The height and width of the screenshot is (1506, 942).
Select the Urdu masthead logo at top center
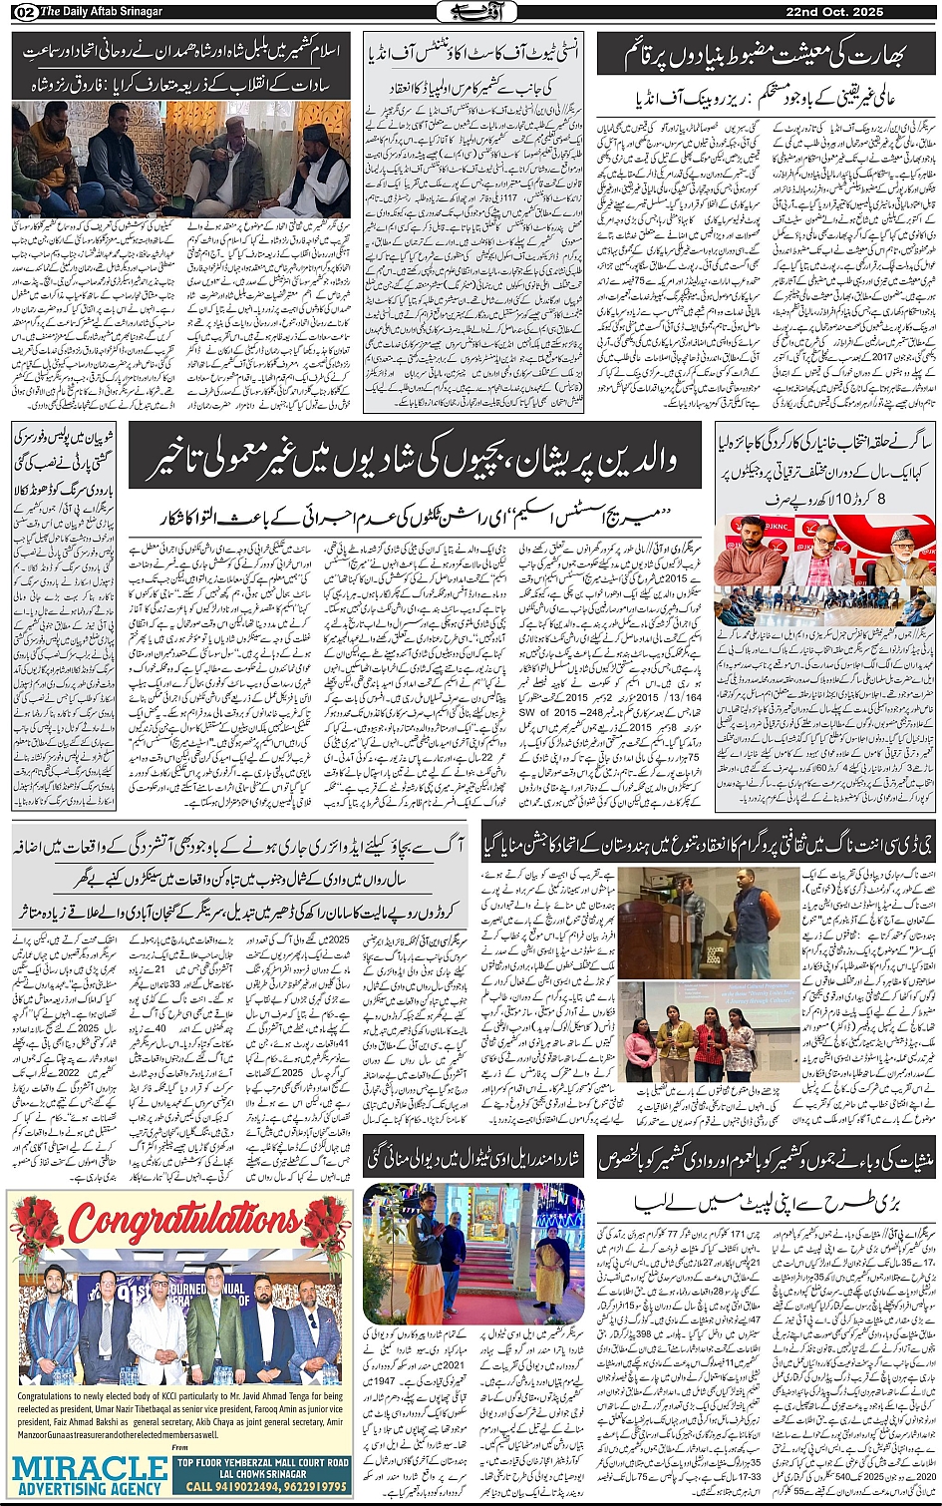pyautogui.click(x=471, y=12)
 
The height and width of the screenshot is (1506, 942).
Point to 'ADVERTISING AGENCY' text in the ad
pyautogui.click(x=90, y=1488)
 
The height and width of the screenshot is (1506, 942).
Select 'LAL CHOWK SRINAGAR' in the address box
pyautogui.click(x=261, y=1473)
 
